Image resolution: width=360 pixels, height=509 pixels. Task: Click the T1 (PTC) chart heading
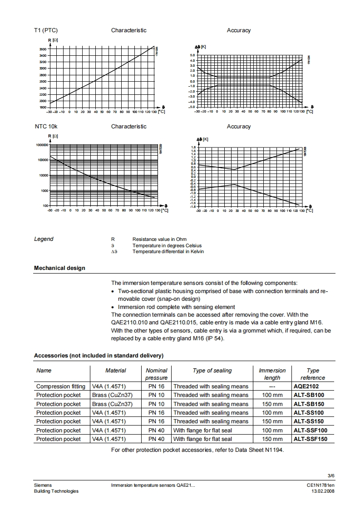coord(46,30)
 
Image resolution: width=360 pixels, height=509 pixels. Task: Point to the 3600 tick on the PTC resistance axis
coord(42,49)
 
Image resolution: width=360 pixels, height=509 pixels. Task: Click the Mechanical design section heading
coord(59,268)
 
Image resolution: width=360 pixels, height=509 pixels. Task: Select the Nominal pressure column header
coord(157,374)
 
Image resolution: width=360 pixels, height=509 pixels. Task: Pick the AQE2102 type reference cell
coord(306,387)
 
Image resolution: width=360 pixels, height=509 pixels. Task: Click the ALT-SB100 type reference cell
coord(309,395)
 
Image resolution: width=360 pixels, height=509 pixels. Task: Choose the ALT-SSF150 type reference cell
coord(310,439)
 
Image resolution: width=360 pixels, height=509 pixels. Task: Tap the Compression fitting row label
coord(60,387)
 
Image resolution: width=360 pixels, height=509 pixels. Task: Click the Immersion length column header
coord(272,374)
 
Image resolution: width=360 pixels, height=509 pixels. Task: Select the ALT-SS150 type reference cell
coord(309,421)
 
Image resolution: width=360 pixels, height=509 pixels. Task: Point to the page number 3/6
coord(330,475)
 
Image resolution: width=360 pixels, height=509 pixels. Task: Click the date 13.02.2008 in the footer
coord(322,491)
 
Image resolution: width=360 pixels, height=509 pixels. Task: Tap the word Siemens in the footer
coord(43,485)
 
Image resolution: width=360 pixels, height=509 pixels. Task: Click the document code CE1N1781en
coord(321,485)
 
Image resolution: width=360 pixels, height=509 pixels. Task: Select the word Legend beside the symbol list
coord(44,239)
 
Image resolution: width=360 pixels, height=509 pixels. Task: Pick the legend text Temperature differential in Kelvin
coord(168,252)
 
